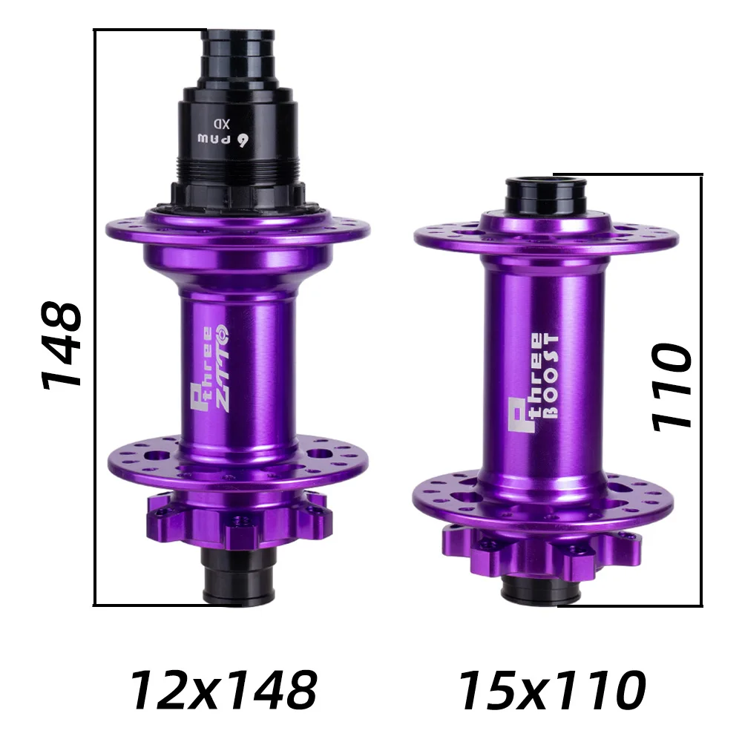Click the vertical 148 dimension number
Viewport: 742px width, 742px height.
[62, 345]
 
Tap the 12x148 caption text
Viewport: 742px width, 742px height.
[223, 690]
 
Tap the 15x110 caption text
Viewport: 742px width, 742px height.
[552, 690]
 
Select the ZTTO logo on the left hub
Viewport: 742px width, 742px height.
[223, 369]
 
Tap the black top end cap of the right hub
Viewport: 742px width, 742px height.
[545, 195]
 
